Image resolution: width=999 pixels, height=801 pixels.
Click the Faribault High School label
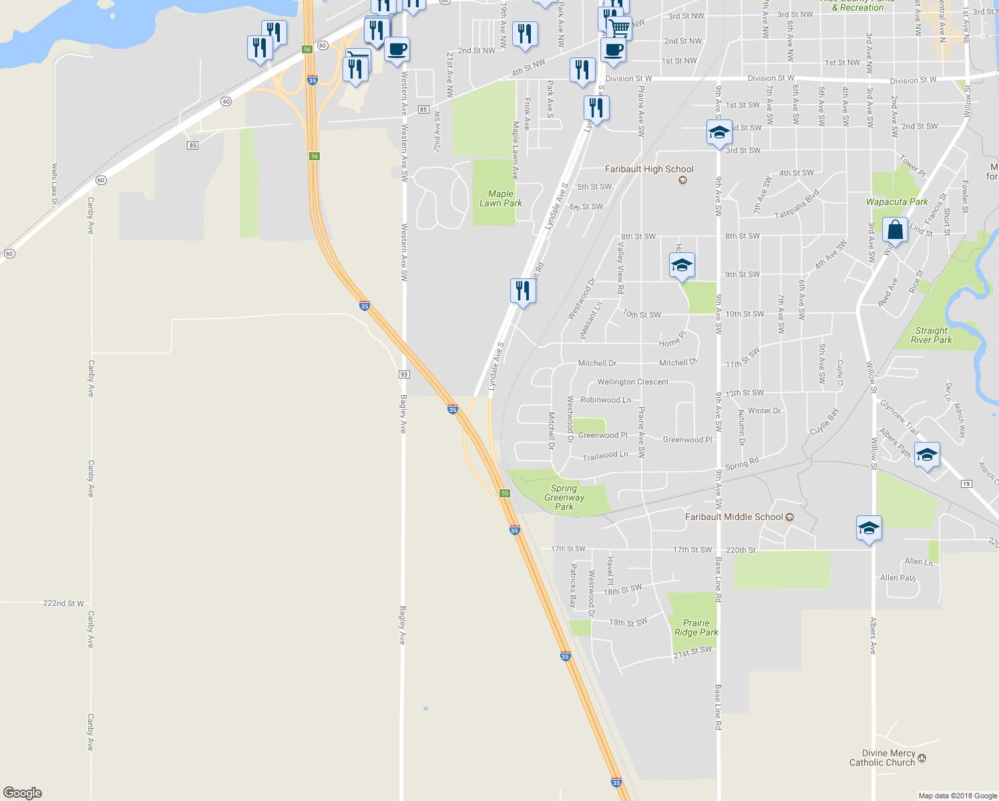[649, 170]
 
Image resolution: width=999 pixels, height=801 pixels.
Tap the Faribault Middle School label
[734, 517]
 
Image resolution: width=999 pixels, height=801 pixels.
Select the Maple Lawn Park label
[501, 198]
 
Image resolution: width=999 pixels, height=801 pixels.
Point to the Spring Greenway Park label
[564, 497]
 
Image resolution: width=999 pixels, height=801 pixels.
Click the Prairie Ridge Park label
[696, 627]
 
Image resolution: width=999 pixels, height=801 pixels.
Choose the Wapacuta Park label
[897, 202]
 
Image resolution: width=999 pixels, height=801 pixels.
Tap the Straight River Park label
[932, 335]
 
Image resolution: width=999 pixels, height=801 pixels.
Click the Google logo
[23, 793]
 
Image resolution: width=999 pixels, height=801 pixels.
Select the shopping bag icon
[895, 230]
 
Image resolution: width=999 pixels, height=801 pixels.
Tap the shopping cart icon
[619, 28]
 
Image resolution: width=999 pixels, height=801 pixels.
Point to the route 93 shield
[403, 374]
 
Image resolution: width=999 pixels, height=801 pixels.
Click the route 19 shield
[966, 484]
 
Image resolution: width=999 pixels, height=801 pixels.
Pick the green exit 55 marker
[505, 493]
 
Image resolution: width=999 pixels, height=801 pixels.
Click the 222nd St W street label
[63, 603]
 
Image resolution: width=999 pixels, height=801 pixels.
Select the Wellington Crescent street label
[632, 382]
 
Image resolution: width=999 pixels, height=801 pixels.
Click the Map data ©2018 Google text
[958, 796]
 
